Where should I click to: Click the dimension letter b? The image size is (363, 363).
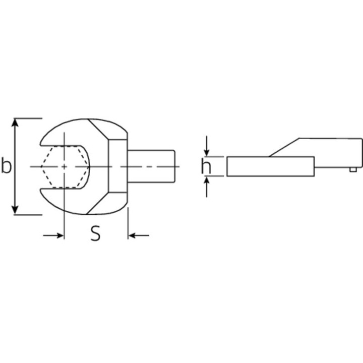tap(6, 165)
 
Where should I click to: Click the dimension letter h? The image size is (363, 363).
tap(206, 166)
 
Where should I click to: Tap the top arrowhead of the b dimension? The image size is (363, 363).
tap(15, 123)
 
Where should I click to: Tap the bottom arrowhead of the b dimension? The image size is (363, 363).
tap(15, 210)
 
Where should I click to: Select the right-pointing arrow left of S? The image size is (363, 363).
tap(53, 235)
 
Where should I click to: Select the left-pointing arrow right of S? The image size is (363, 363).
tap(139, 235)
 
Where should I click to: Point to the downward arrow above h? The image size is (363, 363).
tap(207, 146)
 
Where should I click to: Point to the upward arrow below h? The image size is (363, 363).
tap(207, 187)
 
